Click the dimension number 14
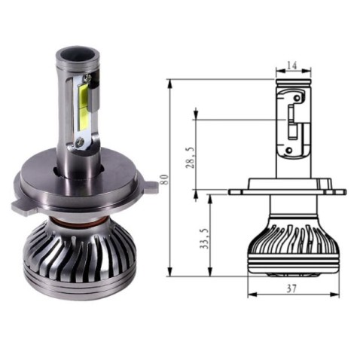(x=292, y=66)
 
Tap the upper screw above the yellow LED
(x=90, y=78)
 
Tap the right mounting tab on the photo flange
(x=150, y=186)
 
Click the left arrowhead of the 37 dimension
(x=249, y=294)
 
